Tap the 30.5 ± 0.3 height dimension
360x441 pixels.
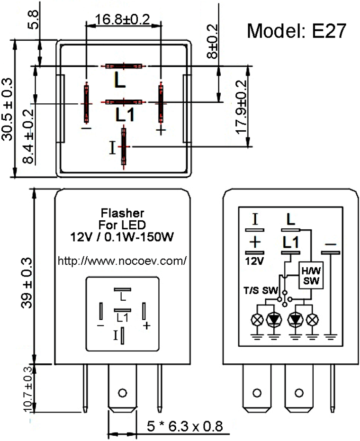point(7,109)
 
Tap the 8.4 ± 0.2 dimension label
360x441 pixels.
point(28,136)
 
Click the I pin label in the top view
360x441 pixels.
point(112,148)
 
